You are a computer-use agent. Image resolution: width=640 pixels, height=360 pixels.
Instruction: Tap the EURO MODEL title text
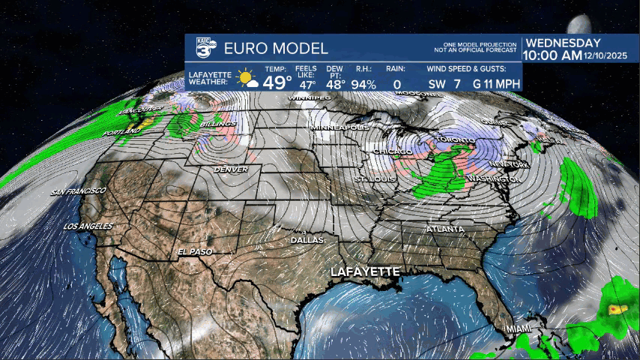(274, 49)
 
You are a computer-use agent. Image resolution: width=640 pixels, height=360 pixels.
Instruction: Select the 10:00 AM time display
(552, 55)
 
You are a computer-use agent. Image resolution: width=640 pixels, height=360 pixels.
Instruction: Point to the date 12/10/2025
(606, 56)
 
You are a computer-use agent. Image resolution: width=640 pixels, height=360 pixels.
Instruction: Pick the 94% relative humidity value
(363, 84)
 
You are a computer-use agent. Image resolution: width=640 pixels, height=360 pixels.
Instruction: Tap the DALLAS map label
(308, 240)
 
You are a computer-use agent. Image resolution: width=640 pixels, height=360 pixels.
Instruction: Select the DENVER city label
(231, 169)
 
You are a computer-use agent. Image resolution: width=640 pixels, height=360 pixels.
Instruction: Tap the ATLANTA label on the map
(444, 229)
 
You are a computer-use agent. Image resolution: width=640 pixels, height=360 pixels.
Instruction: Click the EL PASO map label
(196, 251)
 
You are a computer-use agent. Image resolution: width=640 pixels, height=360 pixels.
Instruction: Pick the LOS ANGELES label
(88, 226)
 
